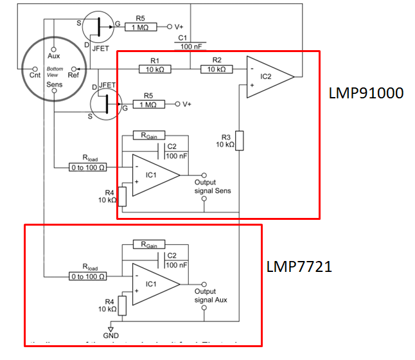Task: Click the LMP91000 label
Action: tap(366, 93)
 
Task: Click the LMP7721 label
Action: tap(299, 266)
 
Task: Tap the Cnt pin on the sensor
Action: tap(35, 74)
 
